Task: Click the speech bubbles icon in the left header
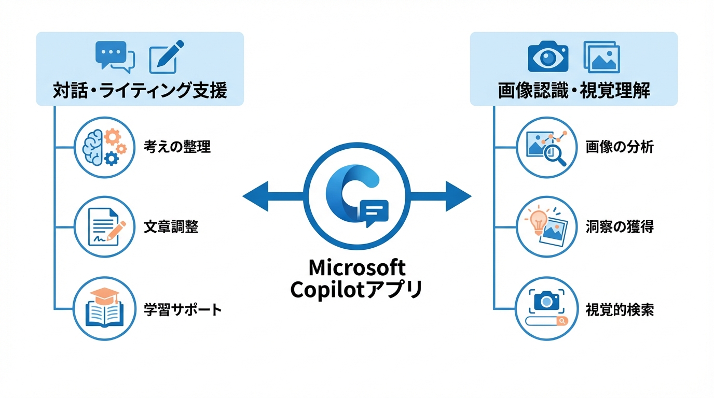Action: pyautogui.click(x=115, y=55)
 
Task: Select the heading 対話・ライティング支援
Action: pyautogui.click(x=140, y=91)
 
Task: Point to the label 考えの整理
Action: pyautogui.click(x=177, y=147)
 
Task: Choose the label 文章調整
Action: pyautogui.click(x=171, y=227)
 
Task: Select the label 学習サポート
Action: pyautogui.click(x=183, y=310)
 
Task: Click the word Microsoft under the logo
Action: pyautogui.click(x=357, y=268)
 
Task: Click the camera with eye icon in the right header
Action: pyautogui.click(x=548, y=56)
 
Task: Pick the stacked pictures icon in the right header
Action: pyautogui.click(x=602, y=56)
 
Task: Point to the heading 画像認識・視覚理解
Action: pyautogui.click(x=574, y=91)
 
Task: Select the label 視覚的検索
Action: pyautogui.click(x=620, y=310)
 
